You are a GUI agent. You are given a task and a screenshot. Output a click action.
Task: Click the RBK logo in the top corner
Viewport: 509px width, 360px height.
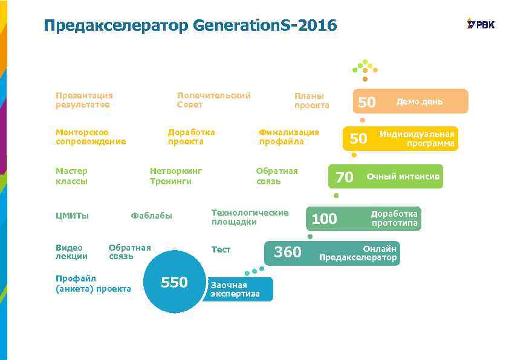(x=481, y=24)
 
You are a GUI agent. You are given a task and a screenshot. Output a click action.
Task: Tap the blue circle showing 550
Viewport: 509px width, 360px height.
(x=175, y=282)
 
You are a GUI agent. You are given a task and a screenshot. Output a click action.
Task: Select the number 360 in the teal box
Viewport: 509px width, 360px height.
(x=288, y=252)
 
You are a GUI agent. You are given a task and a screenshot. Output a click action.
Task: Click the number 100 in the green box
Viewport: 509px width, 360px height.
(x=324, y=219)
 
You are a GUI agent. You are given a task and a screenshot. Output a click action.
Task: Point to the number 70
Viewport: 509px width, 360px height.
(x=344, y=177)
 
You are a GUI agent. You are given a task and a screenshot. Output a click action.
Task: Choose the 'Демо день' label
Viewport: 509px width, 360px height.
(x=420, y=101)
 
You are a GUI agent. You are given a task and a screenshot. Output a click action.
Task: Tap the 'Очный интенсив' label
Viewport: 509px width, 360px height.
(x=403, y=176)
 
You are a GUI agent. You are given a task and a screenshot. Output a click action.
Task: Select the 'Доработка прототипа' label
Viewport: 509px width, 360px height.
(x=394, y=219)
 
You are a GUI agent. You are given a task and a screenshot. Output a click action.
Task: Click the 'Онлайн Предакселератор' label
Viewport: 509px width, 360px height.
(x=358, y=253)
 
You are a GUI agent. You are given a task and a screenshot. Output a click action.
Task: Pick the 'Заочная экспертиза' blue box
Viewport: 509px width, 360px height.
(x=237, y=289)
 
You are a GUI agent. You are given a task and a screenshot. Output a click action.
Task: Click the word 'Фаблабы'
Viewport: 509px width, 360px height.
(x=151, y=216)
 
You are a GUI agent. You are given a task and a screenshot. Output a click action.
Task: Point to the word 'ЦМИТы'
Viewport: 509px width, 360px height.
(x=72, y=216)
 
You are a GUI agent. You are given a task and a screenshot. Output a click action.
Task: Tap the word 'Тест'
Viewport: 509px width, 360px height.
(x=221, y=249)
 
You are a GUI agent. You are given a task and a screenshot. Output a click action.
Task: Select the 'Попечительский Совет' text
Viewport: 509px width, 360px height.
(x=213, y=100)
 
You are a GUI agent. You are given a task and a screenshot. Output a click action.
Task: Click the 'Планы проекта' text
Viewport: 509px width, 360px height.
(x=311, y=100)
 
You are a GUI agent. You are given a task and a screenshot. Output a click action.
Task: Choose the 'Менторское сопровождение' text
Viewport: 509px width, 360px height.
(x=91, y=137)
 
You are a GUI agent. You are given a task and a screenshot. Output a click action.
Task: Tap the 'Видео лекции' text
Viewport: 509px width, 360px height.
(x=71, y=252)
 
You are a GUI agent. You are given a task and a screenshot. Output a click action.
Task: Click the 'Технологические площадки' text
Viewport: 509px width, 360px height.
(x=250, y=217)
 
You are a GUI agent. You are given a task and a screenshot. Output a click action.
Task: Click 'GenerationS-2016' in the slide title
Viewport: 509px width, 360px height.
(x=265, y=26)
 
